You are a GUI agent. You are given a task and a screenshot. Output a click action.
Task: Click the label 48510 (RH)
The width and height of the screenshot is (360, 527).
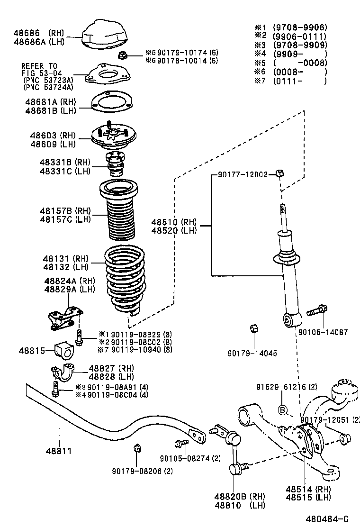point(174,222)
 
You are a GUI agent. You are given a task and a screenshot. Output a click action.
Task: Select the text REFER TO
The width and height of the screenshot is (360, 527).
point(39,66)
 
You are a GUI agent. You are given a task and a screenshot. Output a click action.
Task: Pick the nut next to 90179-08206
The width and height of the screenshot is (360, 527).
point(136,448)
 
